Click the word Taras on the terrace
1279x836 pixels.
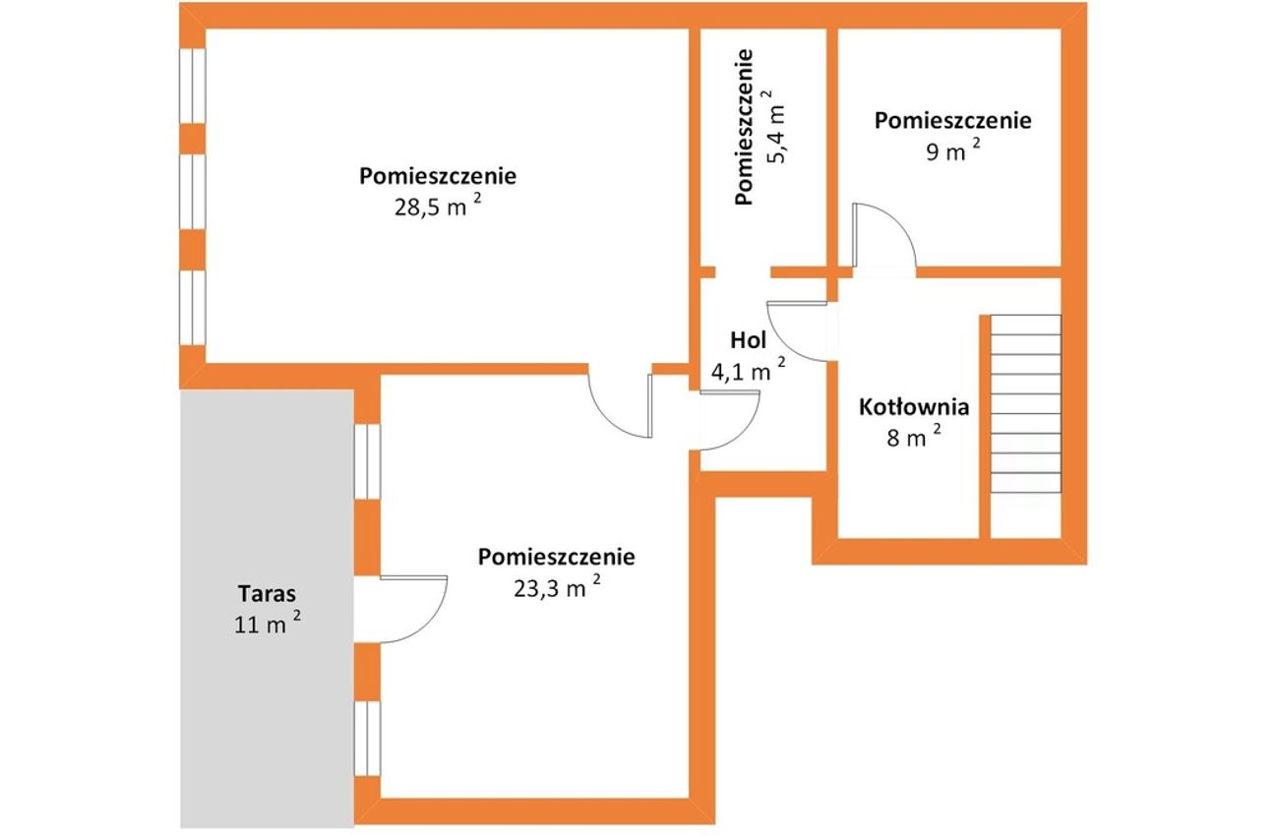(267, 593)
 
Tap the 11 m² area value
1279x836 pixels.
(268, 624)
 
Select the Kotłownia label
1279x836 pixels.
(914, 407)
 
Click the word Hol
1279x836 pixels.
(748, 340)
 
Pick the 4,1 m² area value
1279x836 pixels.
(748, 370)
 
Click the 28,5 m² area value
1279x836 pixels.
(438, 206)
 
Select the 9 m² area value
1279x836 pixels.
(953, 150)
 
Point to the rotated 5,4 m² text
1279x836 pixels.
(777, 126)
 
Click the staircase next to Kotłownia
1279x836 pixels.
(1025, 403)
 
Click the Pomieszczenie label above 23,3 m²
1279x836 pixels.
(557, 557)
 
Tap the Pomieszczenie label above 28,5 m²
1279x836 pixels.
(438, 176)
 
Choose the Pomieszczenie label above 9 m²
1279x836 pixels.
(953, 121)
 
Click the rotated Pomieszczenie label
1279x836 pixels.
(745, 127)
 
